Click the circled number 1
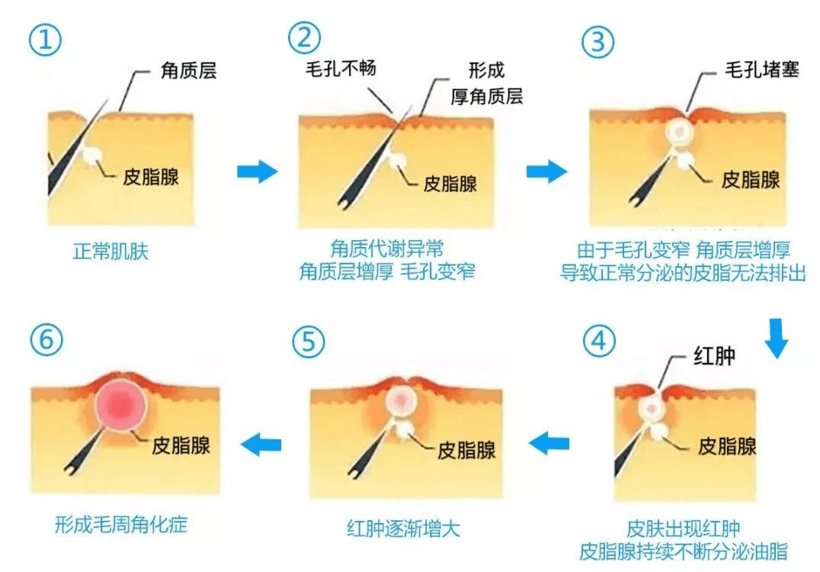pos(46,42)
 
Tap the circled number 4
pos(599,341)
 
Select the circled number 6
pos(46,341)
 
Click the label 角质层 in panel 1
pos(188,71)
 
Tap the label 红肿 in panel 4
pos(713,355)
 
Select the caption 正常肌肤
pos(111,252)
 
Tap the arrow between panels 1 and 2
pos(257,172)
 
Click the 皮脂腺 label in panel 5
pos(466,449)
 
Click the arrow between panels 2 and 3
pos(546,172)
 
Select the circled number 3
pos(599,42)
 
